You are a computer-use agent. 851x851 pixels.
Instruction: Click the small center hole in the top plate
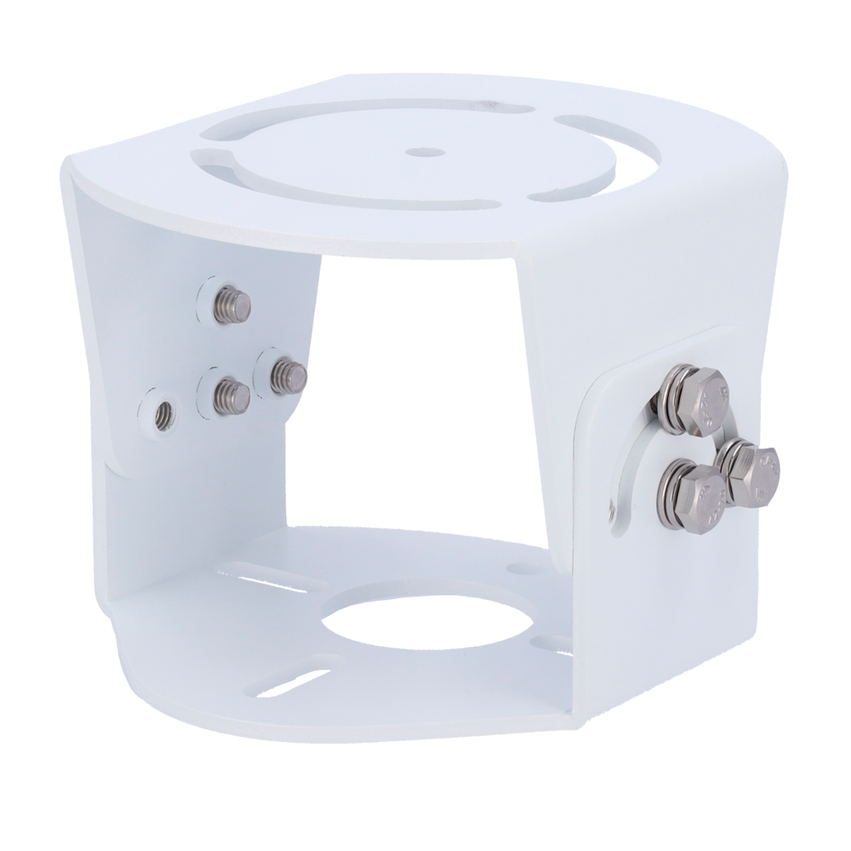(x=417, y=153)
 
